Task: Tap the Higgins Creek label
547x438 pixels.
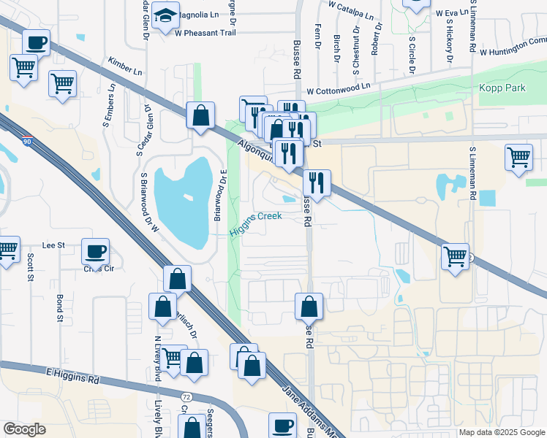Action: pos(256,223)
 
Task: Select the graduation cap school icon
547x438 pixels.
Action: pos(167,15)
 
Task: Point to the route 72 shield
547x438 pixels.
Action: pos(186,396)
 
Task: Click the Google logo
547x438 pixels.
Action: pos(24,429)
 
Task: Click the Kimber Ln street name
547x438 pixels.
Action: pos(124,66)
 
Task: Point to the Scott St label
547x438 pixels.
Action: pos(31,267)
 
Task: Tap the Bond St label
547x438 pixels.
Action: pos(60,308)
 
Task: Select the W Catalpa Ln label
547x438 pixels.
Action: pos(350,9)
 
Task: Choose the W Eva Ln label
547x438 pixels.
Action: pos(452,12)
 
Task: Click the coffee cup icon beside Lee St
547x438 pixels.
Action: pos(96,252)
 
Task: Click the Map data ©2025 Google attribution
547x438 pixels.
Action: pos(502,432)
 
